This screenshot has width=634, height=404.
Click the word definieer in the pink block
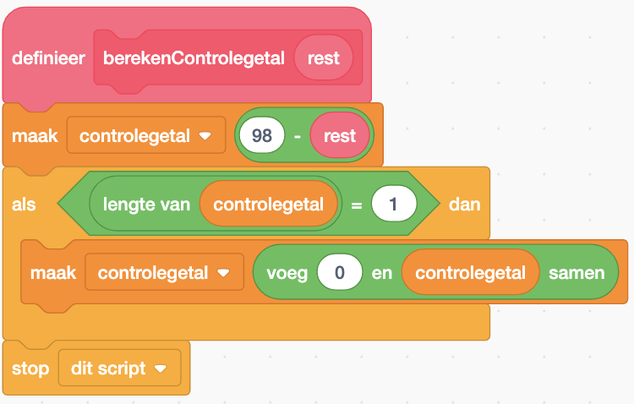click(x=48, y=57)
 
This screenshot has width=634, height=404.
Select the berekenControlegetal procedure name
click(x=194, y=57)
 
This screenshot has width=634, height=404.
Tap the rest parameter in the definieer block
click(x=324, y=57)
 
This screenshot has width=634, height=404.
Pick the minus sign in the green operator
click(x=298, y=135)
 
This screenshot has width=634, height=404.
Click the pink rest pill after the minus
click(x=339, y=135)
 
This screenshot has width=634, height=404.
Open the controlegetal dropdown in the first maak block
click(x=205, y=136)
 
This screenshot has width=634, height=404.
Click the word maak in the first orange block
click(x=35, y=135)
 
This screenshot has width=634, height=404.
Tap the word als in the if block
click(x=25, y=205)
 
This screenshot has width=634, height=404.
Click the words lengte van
click(x=146, y=205)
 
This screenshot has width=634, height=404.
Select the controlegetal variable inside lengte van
click(x=268, y=205)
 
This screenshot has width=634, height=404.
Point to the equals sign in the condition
click(x=356, y=205)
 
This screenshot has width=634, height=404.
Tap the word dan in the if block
click(x=464, y=205)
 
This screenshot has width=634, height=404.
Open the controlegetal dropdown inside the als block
click(x=224, y=273)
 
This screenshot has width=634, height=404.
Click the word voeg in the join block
click(x=287, y=273)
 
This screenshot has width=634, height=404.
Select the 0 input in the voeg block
click(x=339, y=273)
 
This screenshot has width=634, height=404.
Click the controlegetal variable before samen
click(x=470, y=273)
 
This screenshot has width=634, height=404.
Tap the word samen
click(x=577, y=273)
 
